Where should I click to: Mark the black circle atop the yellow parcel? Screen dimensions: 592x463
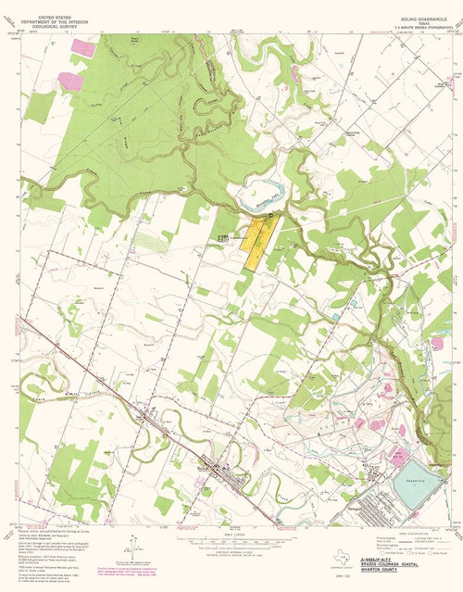tap(271, 215)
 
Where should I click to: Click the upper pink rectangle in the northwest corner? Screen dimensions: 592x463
tap(83, 44)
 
